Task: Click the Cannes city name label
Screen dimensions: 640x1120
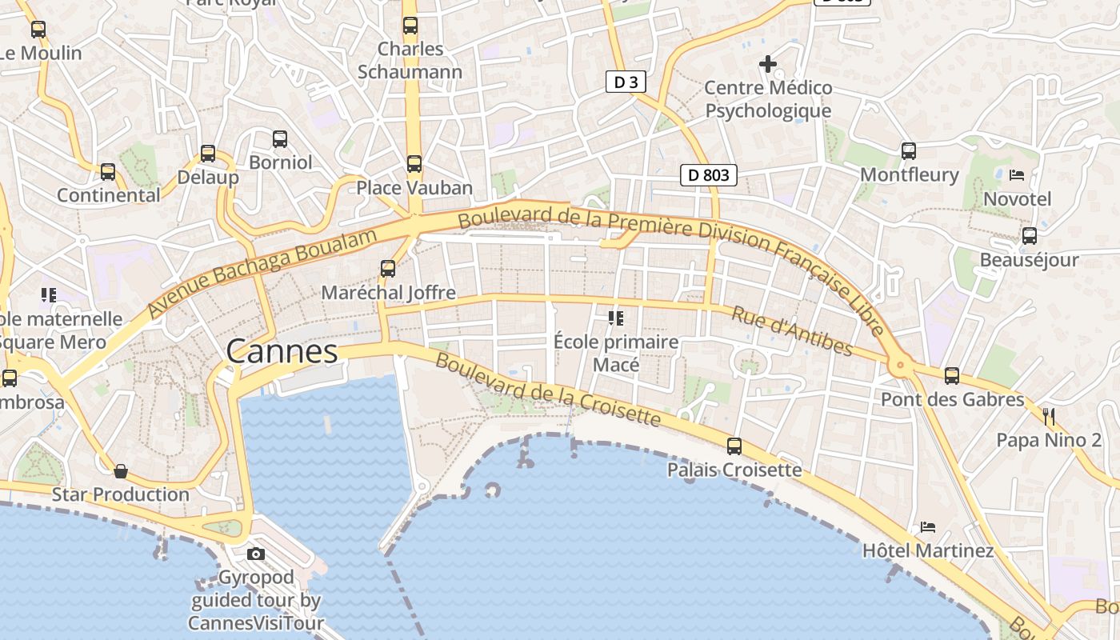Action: click(282, 351)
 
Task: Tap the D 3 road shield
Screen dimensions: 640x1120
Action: click(625, 82)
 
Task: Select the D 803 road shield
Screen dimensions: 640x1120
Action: click(708, 175)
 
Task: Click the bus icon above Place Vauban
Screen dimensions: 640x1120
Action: click(414, 164)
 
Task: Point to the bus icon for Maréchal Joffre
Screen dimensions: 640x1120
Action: click(388, 269)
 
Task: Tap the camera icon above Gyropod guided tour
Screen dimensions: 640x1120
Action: click(256, 554)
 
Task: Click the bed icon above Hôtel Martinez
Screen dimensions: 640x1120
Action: click(928, 526)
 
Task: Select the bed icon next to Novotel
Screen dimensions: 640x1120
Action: click(1017, 174)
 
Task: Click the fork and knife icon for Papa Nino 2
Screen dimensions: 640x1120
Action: click(1049, 416)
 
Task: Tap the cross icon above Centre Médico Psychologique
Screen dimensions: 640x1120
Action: click(768, 63)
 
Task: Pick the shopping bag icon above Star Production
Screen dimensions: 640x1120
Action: click(121, 470)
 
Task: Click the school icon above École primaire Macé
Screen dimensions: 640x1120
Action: click(616, 318)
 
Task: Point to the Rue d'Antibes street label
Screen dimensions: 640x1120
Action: click(791, 330)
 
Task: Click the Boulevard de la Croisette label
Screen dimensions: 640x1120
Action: click(548, 389)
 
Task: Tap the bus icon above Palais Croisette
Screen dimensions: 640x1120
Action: click(734, 446)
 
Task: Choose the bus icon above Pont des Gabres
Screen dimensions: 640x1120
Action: click(952, 375)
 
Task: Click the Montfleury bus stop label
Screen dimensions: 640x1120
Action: click(909, 174)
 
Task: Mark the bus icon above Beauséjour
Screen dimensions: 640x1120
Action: click(1030, 236)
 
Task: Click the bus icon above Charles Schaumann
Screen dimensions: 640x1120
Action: click(410, 26)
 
